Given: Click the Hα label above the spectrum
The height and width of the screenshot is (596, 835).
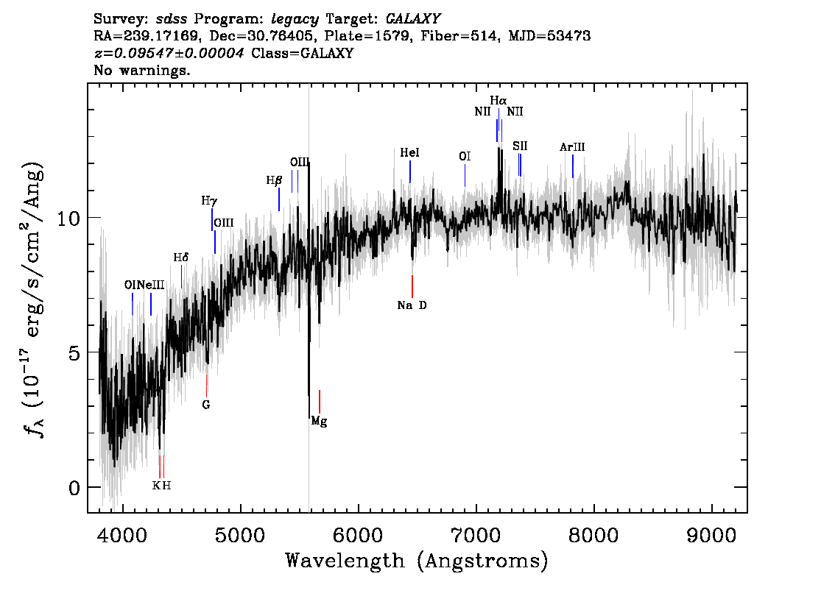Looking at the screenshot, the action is [x=498, y=100].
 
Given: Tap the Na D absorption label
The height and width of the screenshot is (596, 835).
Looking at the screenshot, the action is [x=412, y=305].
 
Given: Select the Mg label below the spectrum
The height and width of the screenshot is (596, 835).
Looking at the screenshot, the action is [x=319, y=422].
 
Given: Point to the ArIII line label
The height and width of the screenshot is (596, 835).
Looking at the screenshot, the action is [x=572, y=147].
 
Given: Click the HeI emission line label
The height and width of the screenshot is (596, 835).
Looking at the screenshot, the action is [x=409, y=153].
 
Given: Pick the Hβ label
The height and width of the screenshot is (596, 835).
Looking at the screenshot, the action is [x=274, y=181].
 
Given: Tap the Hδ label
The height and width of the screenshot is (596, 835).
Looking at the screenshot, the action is [x=181, y=258].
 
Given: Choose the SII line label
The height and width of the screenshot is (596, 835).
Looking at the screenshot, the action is [x=521, y=146].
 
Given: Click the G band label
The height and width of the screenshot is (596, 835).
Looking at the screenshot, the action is [x=206, y=405].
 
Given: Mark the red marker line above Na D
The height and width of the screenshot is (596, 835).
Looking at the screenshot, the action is [x=412, y=286].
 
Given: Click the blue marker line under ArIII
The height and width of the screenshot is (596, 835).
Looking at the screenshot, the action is [x=572, y=166].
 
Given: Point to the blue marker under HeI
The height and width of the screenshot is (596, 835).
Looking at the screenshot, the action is [x=410, y=171].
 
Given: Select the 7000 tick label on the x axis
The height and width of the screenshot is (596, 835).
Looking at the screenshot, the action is [x=476, y=536].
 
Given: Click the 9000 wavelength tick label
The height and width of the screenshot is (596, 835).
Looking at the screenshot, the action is [x=711, y=536].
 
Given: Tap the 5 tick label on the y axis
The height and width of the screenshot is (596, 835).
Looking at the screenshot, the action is [x=74, y=352].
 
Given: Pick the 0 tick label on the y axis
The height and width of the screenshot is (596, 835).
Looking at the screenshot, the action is [x=74, y=487].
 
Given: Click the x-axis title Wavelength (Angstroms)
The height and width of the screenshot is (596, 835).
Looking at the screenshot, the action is [x=417, y=561].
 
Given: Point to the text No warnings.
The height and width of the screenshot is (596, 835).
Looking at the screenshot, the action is [x=141, y=70].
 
